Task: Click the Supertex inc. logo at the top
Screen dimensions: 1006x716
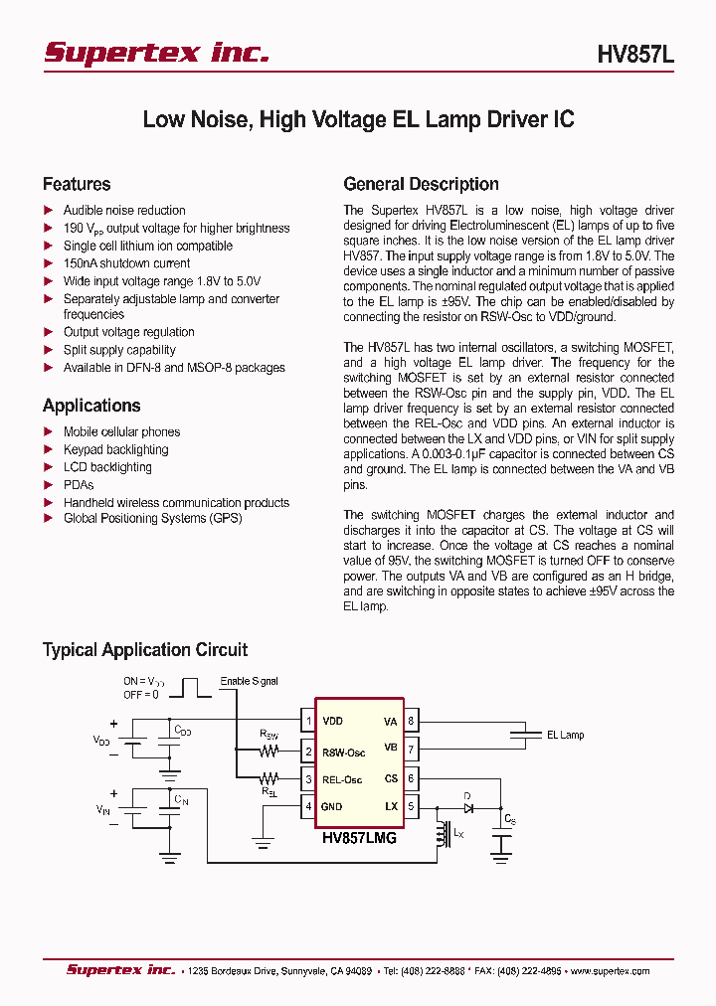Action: [156, 54]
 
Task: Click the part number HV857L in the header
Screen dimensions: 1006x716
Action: [635, 56]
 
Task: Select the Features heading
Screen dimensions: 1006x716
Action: [77, 184]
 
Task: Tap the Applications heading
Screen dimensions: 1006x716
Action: [91, 406]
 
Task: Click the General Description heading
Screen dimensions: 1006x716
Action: [421, 184]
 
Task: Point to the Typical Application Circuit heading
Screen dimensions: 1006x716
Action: [145, 650]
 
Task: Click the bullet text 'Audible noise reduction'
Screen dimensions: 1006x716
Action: [124, 211]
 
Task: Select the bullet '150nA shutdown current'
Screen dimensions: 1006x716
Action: [126, 263]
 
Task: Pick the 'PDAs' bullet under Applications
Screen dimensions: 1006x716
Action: [79, 485]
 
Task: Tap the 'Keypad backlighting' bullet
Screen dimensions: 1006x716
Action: [115, 449]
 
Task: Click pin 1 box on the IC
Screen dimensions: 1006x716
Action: [309, 721]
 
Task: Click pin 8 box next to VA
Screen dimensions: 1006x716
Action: [411, 721]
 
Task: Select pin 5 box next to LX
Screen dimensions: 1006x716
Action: [411, 806]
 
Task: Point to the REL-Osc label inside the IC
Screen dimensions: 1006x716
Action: [342, 779]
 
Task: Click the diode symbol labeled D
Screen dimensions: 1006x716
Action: [467, 807]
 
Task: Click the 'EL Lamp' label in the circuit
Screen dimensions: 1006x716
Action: [565, 736]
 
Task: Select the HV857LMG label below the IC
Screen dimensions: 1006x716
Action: [359, 838]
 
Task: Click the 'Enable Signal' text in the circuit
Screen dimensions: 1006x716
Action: [250, 681]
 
